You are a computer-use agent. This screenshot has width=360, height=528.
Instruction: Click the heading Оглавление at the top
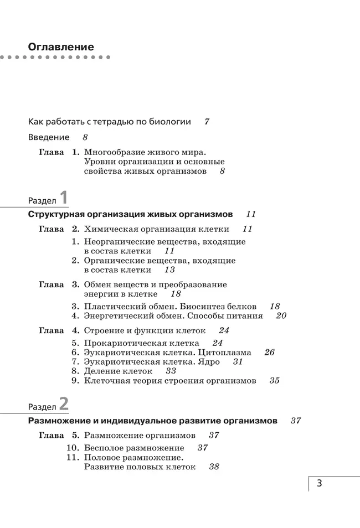coord(61,46)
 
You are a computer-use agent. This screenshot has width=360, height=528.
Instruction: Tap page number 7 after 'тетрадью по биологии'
coord(207,121)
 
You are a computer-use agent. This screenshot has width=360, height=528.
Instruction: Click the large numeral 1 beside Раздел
coord(64,198)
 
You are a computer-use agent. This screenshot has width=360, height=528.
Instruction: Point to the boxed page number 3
coord(320,483)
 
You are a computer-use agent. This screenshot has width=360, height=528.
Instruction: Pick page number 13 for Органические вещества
coord(169,270)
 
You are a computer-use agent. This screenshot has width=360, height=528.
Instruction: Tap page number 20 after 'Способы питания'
coord(281,315)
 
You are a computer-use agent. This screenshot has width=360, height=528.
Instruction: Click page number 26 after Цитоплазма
coord(269,352)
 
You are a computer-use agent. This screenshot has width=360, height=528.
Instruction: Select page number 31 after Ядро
coord(238,361)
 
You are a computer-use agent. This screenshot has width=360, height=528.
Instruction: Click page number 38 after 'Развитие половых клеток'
coord(214,467)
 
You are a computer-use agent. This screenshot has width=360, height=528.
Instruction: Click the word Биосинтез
coord(204,306)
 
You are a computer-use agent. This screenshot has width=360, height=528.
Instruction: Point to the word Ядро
coord(209,361)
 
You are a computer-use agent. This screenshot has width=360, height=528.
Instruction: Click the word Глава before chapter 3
coord(51,284)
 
